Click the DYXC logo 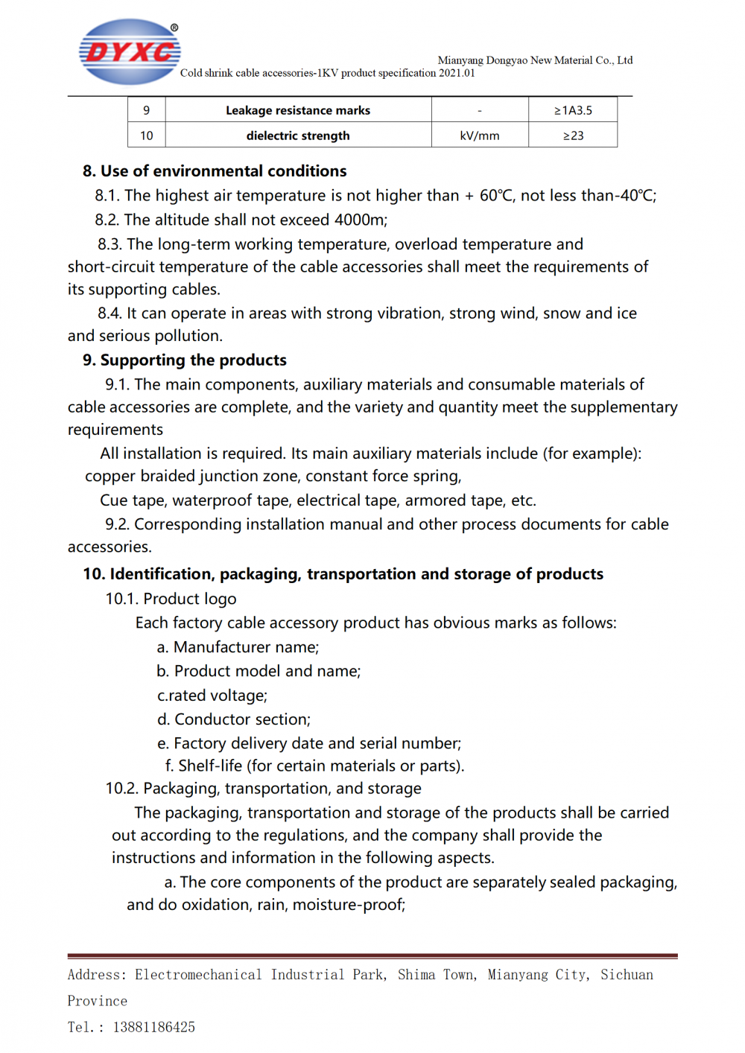click(x=130, y=52)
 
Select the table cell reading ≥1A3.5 click(x=572, y=110)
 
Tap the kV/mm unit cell click(x=479, y=136)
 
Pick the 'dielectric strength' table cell click(x=298, y=136)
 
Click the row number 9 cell click(x=146, y=110)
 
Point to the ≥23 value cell click(x=572, y=136)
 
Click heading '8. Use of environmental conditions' click(x=215, y=171)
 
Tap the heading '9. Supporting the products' click(x=185, y=360)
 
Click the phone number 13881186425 click(x=153, y=1027)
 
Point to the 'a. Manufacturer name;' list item click(x=238, y=647)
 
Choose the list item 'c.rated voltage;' click(x=212, y=696)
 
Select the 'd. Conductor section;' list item click(x=233, y=719)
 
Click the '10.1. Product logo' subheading click(x=171, y=599)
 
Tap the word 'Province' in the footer click(x=97, y=1001)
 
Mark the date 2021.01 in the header click(x=456, y=73)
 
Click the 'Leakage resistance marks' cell click(x=298, y=110)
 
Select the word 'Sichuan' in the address click(x=627, y=975)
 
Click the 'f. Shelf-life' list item click(x=314, y=766)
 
